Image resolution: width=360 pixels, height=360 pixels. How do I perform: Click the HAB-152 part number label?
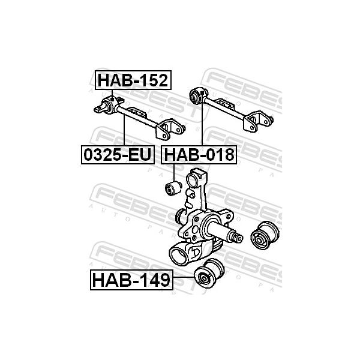[133, 80]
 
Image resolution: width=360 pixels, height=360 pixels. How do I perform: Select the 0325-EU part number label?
[118, 155]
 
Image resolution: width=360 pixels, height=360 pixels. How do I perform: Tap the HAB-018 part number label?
[199, 155]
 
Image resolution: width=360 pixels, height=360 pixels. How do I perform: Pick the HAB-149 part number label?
[131, 280]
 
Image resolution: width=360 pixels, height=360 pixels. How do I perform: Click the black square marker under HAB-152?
[112, 100]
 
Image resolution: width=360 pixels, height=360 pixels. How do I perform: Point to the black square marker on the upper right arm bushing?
[202, 93]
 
